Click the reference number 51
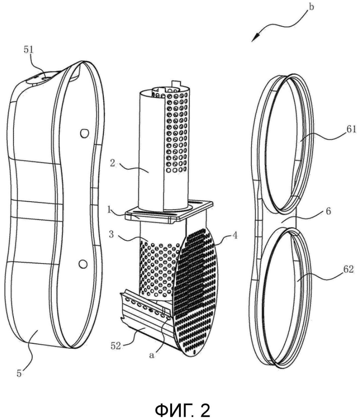[x=29, y=50]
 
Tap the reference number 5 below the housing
[x=19, y=373]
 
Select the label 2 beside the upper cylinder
[x=113, y=163]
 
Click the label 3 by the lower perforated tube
[x=111, y=234]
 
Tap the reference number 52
[x=115, y=345]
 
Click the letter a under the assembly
[x=151, y=355]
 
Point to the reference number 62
[x=349, y=269]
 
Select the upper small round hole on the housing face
[x=84, y=133]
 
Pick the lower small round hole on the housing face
[x=83, y=264]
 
